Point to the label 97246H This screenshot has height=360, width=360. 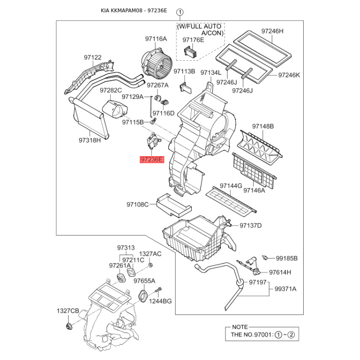[273, 31]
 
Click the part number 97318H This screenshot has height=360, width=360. [90, 140]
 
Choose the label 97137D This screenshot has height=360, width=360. [251, 225]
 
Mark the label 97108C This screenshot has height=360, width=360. [137, 205]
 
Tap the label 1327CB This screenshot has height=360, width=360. [67, 311]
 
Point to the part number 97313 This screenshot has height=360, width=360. [126, 247]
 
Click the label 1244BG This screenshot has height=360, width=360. [161, 301]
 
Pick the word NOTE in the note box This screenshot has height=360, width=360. [240, 327]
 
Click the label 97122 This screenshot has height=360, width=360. [92, 57]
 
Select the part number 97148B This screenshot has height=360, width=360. [263, 126]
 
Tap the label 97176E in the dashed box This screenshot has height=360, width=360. [193, 40]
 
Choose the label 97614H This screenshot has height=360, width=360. [280, 272]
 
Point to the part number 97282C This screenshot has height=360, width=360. [111, 90]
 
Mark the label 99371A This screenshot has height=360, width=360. [286, 289]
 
